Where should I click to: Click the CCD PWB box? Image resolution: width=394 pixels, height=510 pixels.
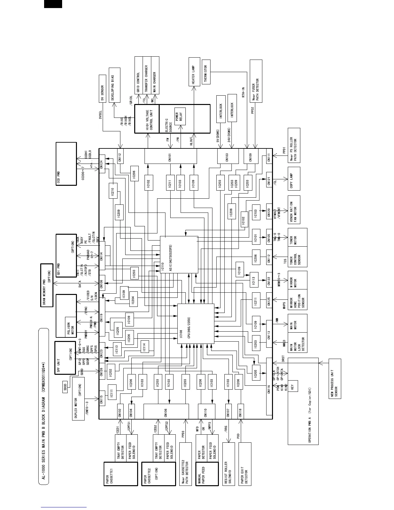[66, 164]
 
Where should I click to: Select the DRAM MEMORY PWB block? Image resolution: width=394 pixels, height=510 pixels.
[47, 285]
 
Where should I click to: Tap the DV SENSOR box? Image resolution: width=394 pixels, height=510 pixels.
[102, 89]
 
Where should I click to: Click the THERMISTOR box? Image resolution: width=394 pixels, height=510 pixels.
[206, 72]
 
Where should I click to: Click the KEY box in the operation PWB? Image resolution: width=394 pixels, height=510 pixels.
[293, 386]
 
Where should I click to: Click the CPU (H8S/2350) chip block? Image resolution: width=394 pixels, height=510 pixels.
[196, 324]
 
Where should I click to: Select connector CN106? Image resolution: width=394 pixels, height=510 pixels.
[166, 412]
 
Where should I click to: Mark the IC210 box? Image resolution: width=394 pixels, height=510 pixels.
[113, 191]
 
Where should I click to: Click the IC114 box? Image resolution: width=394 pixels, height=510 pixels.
[145, 347]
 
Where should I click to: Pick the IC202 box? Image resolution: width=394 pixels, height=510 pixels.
[110, 373]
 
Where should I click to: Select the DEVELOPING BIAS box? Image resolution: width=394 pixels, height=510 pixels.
[115, 85]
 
